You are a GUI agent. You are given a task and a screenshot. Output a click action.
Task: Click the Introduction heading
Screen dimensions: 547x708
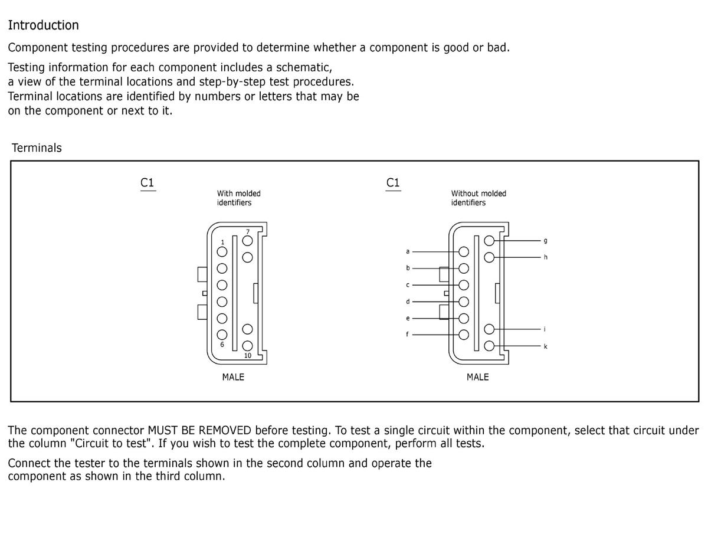click(43, 25)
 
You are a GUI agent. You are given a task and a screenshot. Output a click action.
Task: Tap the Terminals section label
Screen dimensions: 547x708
click(37, 148)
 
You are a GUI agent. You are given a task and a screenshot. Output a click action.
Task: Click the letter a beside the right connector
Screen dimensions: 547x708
click(407, 251)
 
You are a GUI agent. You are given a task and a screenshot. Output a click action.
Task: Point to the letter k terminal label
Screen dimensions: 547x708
click(545, 346)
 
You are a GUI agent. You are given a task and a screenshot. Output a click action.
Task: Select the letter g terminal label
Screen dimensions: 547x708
click(545, 241)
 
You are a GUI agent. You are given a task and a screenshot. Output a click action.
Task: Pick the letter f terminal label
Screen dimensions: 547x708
click(407, 335)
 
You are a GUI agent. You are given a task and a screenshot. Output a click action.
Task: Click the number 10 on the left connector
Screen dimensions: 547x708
click(247, 356)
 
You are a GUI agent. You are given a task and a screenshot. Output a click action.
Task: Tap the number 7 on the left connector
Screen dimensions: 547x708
click(248, 232)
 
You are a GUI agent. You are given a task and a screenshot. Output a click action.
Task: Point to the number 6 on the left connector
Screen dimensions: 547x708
click(222, 345)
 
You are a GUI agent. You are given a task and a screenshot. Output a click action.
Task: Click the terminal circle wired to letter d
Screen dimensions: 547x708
click(464, 302)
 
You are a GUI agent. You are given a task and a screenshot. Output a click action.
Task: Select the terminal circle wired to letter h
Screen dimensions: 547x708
click(489, 257)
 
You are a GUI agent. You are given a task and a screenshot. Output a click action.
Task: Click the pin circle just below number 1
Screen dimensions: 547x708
click(222, 252)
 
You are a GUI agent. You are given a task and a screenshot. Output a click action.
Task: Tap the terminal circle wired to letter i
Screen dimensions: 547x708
click(489, 329)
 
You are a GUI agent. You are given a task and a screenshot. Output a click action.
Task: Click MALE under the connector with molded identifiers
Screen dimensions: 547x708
click(233, 377)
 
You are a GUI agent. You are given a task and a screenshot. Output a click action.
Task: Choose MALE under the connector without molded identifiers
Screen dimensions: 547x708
click(477, 377)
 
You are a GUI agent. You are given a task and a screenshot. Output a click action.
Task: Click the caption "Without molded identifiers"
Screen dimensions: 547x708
click(478, 198)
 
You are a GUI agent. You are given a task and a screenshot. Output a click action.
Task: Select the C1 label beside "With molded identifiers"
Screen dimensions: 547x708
click(147, 183)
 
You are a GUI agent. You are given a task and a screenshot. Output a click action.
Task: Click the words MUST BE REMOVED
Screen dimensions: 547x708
click(199, 430)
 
